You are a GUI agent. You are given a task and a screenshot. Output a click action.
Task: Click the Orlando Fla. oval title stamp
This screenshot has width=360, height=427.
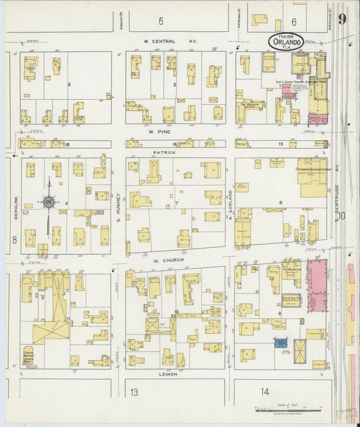(x=286, y=42)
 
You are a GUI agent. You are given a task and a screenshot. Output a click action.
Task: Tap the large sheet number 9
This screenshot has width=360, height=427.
(x=342, y=19)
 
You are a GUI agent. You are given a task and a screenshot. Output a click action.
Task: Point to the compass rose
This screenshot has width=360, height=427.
(x=49, y=201)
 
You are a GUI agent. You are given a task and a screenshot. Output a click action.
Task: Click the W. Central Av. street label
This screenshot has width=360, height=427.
(x=159, y=41)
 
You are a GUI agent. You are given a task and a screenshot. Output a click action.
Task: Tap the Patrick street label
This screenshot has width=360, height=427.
(x=164, y=152)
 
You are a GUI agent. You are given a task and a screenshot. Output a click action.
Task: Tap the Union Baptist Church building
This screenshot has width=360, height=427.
(x=28, y=355)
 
